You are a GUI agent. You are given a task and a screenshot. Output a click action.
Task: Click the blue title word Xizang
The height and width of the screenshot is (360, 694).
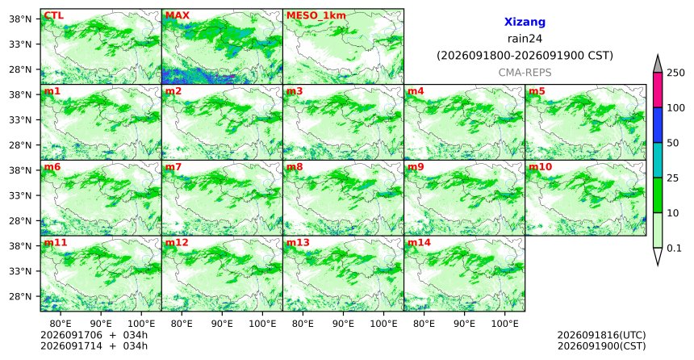[x=525, y=22]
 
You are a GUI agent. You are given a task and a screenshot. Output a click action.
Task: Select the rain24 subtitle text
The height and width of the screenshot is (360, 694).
[x=525, y=39]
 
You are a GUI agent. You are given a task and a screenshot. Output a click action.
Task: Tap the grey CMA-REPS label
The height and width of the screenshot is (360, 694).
[x=525, y=73]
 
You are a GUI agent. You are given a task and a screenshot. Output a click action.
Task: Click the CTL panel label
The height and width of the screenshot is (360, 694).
[x=54, y=16]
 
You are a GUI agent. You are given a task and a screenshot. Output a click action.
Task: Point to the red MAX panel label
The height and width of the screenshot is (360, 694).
[x=177, y=16]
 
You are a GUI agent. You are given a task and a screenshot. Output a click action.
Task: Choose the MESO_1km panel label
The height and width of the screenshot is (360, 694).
[x=316, y=16]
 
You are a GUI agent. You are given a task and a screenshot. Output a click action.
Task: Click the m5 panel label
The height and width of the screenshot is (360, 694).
[x=537, y=91]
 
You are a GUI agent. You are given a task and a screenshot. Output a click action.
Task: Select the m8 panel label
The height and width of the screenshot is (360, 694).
[x=295, y=167]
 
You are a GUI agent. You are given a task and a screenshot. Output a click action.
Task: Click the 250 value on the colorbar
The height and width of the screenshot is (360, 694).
[x=676, y=73]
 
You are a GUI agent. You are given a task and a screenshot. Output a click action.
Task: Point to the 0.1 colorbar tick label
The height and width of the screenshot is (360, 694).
[x=674, y=248]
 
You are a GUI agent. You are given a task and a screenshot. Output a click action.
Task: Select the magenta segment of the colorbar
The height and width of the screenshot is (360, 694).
[x=658, y=90]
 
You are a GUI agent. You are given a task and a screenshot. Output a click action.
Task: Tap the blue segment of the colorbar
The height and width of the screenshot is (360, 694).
[x=658, y=125]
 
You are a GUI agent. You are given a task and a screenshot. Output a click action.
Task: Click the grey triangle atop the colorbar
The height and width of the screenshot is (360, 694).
[x=658, y=65]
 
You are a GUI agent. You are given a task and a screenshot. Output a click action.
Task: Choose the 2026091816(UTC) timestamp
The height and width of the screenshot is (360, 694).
[x=601, y=335]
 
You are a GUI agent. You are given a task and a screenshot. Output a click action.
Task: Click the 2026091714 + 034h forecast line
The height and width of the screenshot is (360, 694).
[x=94, y=345]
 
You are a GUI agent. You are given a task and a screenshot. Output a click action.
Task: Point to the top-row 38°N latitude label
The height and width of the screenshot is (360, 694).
[x=20, y=19]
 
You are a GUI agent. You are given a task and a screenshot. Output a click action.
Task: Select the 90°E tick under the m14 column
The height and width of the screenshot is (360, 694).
[x=464, y=324]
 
